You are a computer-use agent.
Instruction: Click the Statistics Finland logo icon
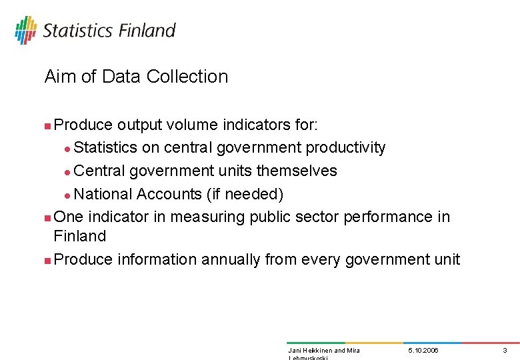(25, 30)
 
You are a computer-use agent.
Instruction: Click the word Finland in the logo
(147, 31)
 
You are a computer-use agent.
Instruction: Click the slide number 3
(505, 351)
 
